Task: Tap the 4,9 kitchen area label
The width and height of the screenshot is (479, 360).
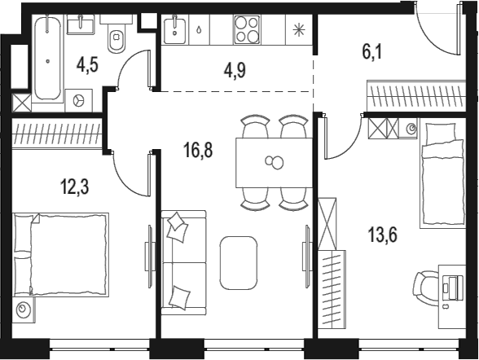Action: (235, 71)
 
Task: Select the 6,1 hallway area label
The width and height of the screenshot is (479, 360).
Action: (372, 52)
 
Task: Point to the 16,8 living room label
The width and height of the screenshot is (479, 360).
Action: (198, 150)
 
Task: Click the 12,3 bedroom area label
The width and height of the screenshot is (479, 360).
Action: (75, 187)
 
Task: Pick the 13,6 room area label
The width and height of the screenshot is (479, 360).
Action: (383, 235)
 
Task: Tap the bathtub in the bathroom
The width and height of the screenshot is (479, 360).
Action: (47, 58)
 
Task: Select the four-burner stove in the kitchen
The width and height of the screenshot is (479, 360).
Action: (247, 29)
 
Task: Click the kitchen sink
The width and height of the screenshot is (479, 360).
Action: (174, 30)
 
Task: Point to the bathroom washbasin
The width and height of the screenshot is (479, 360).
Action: (80, 24)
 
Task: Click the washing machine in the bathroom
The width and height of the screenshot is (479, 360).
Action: (79, 100)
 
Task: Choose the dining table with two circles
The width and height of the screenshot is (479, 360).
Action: (274, 162)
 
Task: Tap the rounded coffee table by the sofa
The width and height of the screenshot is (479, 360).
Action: (239, 263)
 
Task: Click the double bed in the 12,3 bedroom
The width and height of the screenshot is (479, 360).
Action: (61, 254)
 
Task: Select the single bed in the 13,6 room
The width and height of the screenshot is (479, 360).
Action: (443, 173)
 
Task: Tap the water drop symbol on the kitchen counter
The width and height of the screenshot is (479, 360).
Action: (199, 30)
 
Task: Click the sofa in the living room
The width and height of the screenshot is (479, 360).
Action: (183, 262)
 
